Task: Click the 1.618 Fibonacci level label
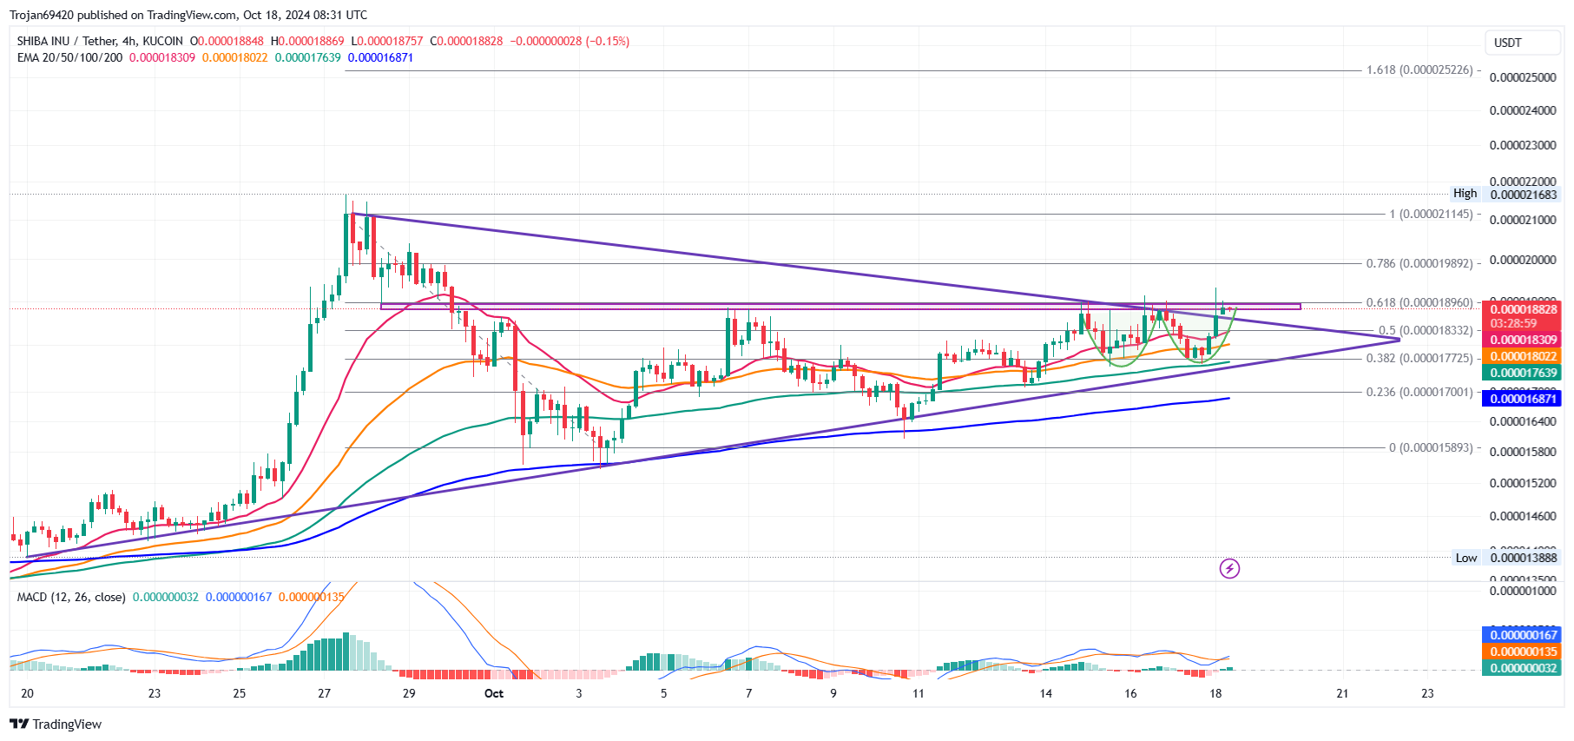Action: pyautogui.click(x=1419, y=70)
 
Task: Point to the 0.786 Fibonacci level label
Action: pyautogui.click(x=1419, y=263)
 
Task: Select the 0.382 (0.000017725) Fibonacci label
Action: pyautogui.click(x=1419, y=358)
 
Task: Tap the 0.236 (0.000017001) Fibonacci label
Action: pyautogui.click(x=1419, y=392)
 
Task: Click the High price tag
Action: pyautogui.click(x=1465, y=194)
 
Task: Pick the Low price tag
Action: pyautogui.click(x=1466, y=558)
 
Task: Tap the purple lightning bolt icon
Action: pyautogui.click(x=1229, y=569)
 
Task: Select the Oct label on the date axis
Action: pyautogui.click(x=494, y=693)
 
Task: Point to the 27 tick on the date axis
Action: pyautogui.click(x=324, y=693)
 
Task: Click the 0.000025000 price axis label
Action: pyautogui.click(x=1523, y=77)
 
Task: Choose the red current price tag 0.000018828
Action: pyautogui.click(x=1524, y=309)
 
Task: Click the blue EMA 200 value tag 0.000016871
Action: pyautogui.click(x=1524, y=399)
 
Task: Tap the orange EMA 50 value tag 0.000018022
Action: pyautogui.click(x=1524, y=356)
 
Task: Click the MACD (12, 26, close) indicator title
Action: pyautogui.click(x=71, y=597)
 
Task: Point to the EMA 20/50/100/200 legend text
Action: pyautogui.click(x=69, y=57)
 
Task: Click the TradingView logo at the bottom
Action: pyautogui.click(x=56, y=724)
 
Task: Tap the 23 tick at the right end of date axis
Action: pyautogui.click(x=1427, y=693)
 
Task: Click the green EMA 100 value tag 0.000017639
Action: pyautogui.click(x=1524, y=373)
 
